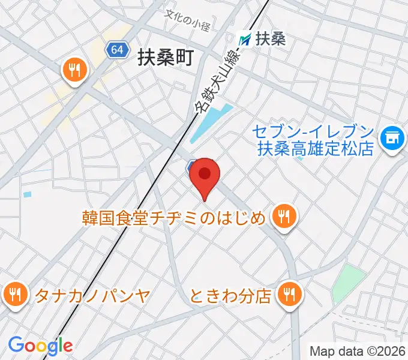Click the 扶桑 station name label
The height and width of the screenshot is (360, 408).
point(271,39)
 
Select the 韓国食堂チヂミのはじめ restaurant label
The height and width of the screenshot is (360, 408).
point(174,217)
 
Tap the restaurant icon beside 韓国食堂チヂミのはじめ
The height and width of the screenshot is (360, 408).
point(283,217)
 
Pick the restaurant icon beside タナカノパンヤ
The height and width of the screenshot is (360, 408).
point(13,294)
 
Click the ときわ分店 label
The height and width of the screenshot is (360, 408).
point(231,295)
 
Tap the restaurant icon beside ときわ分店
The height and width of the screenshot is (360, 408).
point(290,294)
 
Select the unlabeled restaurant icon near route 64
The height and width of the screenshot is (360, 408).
point(74,71)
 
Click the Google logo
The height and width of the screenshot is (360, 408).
point(40,346)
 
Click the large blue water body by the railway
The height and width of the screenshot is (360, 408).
point(210,123)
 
